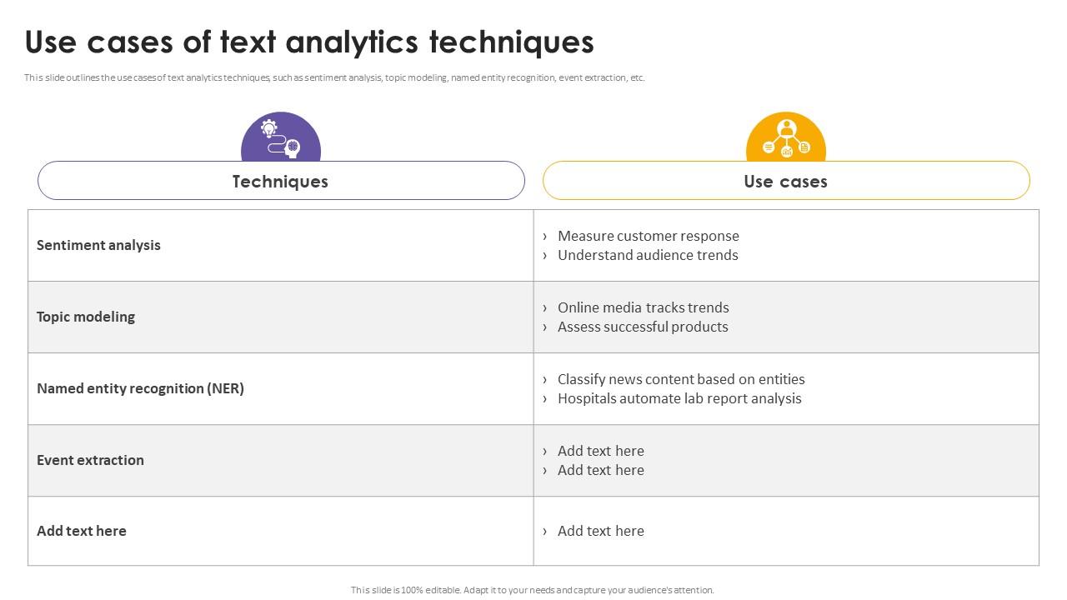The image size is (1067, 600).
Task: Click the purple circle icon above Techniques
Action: [281, 138]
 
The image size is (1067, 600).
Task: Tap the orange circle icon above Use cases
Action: [786, 138]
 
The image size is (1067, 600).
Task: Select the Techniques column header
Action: [281, 181]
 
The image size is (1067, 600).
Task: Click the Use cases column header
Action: [786, 181]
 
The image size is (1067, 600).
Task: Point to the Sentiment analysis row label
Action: [98, 245]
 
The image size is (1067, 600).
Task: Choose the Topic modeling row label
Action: [86, 317]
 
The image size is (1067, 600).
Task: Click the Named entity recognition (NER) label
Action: [140, 388]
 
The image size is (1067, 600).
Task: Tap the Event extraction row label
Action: [90, 460]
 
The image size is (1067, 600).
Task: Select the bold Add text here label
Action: [82, 531]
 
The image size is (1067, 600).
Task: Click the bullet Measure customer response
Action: [648, 236]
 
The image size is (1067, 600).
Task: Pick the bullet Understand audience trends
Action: [648, 255]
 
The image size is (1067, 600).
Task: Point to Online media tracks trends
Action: [643, 307]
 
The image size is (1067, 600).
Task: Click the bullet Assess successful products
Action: [643, 327]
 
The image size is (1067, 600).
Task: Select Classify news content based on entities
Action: [681, 379]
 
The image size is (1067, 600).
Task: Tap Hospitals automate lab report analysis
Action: [679, 398]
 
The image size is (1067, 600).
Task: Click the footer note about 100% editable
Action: [533, 590]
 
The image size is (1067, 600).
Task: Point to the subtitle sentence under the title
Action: [334, 77]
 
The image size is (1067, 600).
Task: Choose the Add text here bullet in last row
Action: [600, 531]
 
